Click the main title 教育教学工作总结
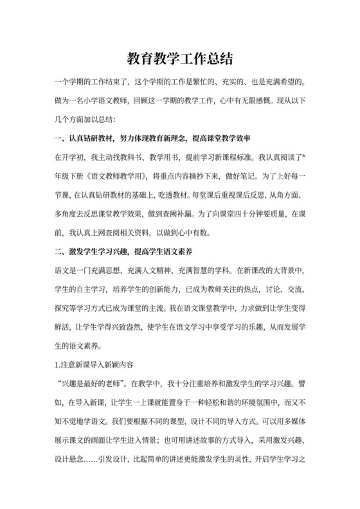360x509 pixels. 179,59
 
